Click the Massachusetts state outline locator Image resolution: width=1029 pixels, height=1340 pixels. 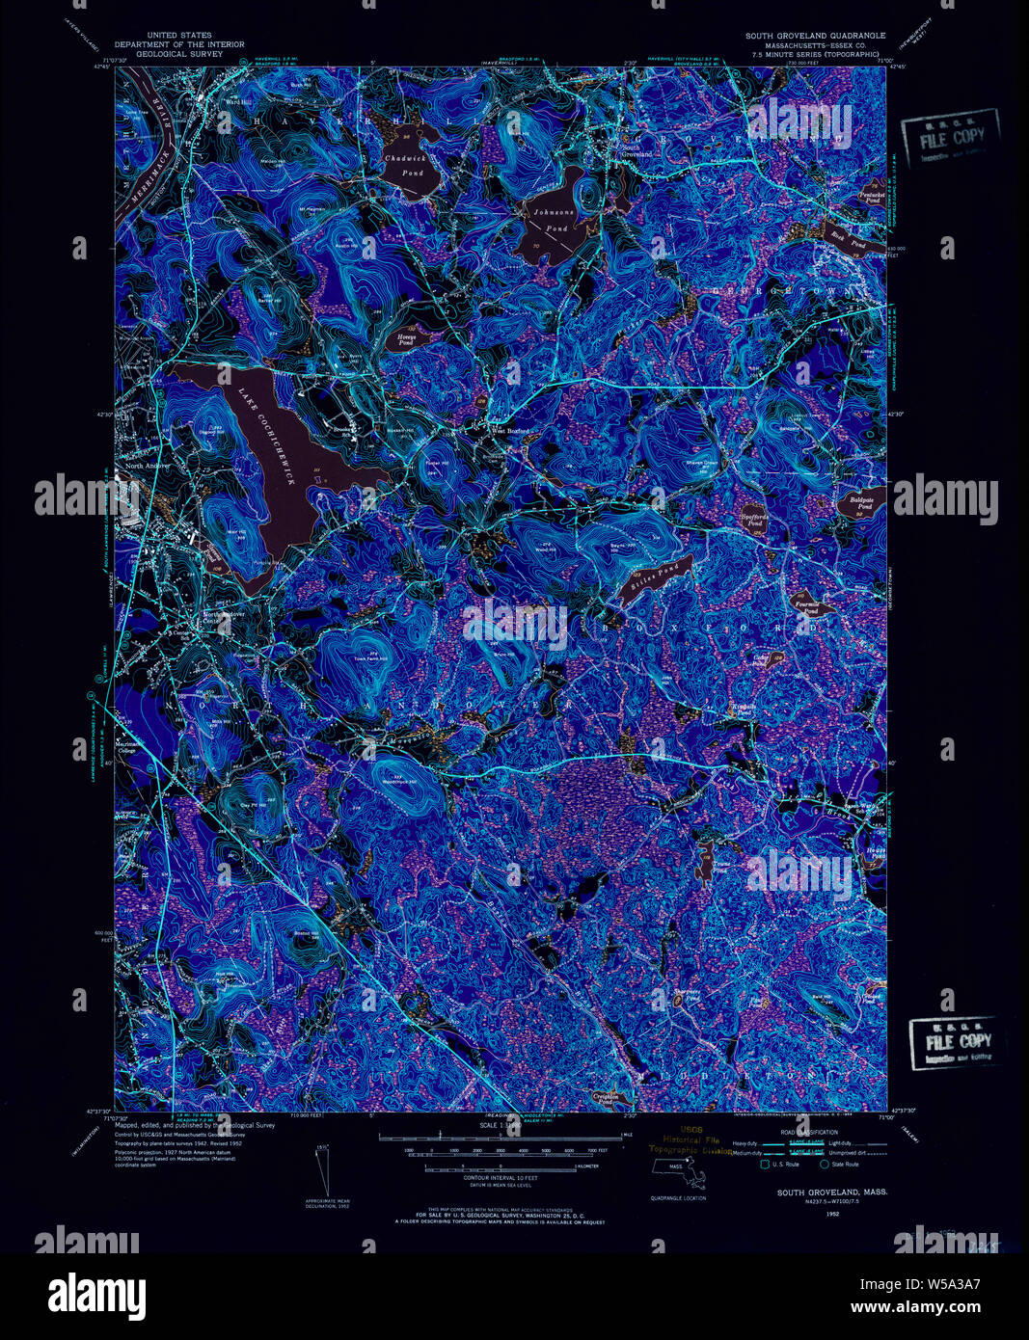679,1172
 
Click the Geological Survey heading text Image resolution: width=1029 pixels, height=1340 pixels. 179,54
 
